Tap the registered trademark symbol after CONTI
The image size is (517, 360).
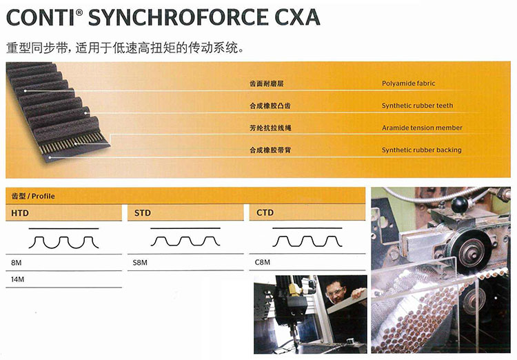point(79,12)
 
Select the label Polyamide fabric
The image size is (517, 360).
point(409,83)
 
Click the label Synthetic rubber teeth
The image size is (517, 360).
point(418,106)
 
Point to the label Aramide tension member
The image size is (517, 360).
point(422,128)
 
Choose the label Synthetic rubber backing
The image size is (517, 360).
point(422,150)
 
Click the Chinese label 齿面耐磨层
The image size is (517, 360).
point(266,83)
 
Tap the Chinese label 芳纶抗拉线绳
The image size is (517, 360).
point(270,128)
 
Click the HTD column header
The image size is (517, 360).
point(20,213)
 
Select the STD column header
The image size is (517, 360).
point(143,213)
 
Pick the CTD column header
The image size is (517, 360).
point(265,213)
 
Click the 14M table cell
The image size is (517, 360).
point(17,279)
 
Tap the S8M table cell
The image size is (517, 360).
point(140,263)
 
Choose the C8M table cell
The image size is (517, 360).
point(263,262)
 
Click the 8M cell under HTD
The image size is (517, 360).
point(16,263)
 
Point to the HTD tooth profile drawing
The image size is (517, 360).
point(63,242)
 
